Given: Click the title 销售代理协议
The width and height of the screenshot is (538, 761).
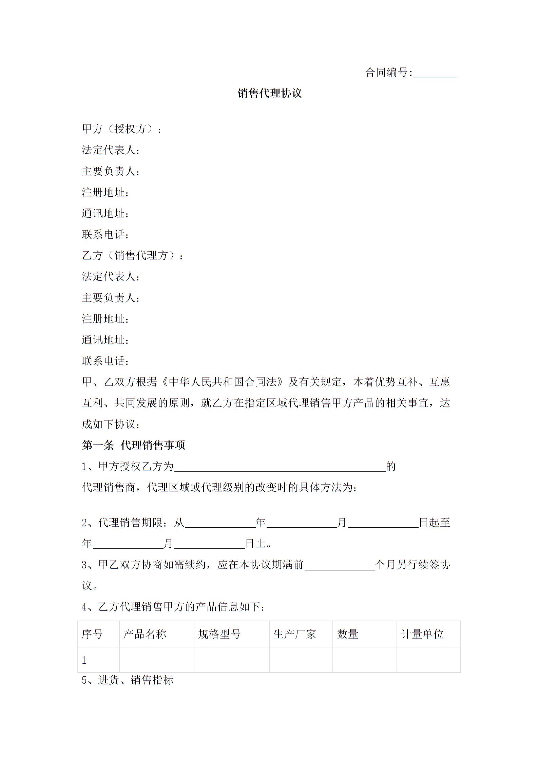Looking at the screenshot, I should (x=269, y=93).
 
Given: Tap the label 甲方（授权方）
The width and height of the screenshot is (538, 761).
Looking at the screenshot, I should (x=122, y=129).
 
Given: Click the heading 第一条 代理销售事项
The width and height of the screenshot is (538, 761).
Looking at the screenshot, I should (x=134, y=445).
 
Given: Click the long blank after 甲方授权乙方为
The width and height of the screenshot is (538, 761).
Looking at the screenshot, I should (x=280, y=467).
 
